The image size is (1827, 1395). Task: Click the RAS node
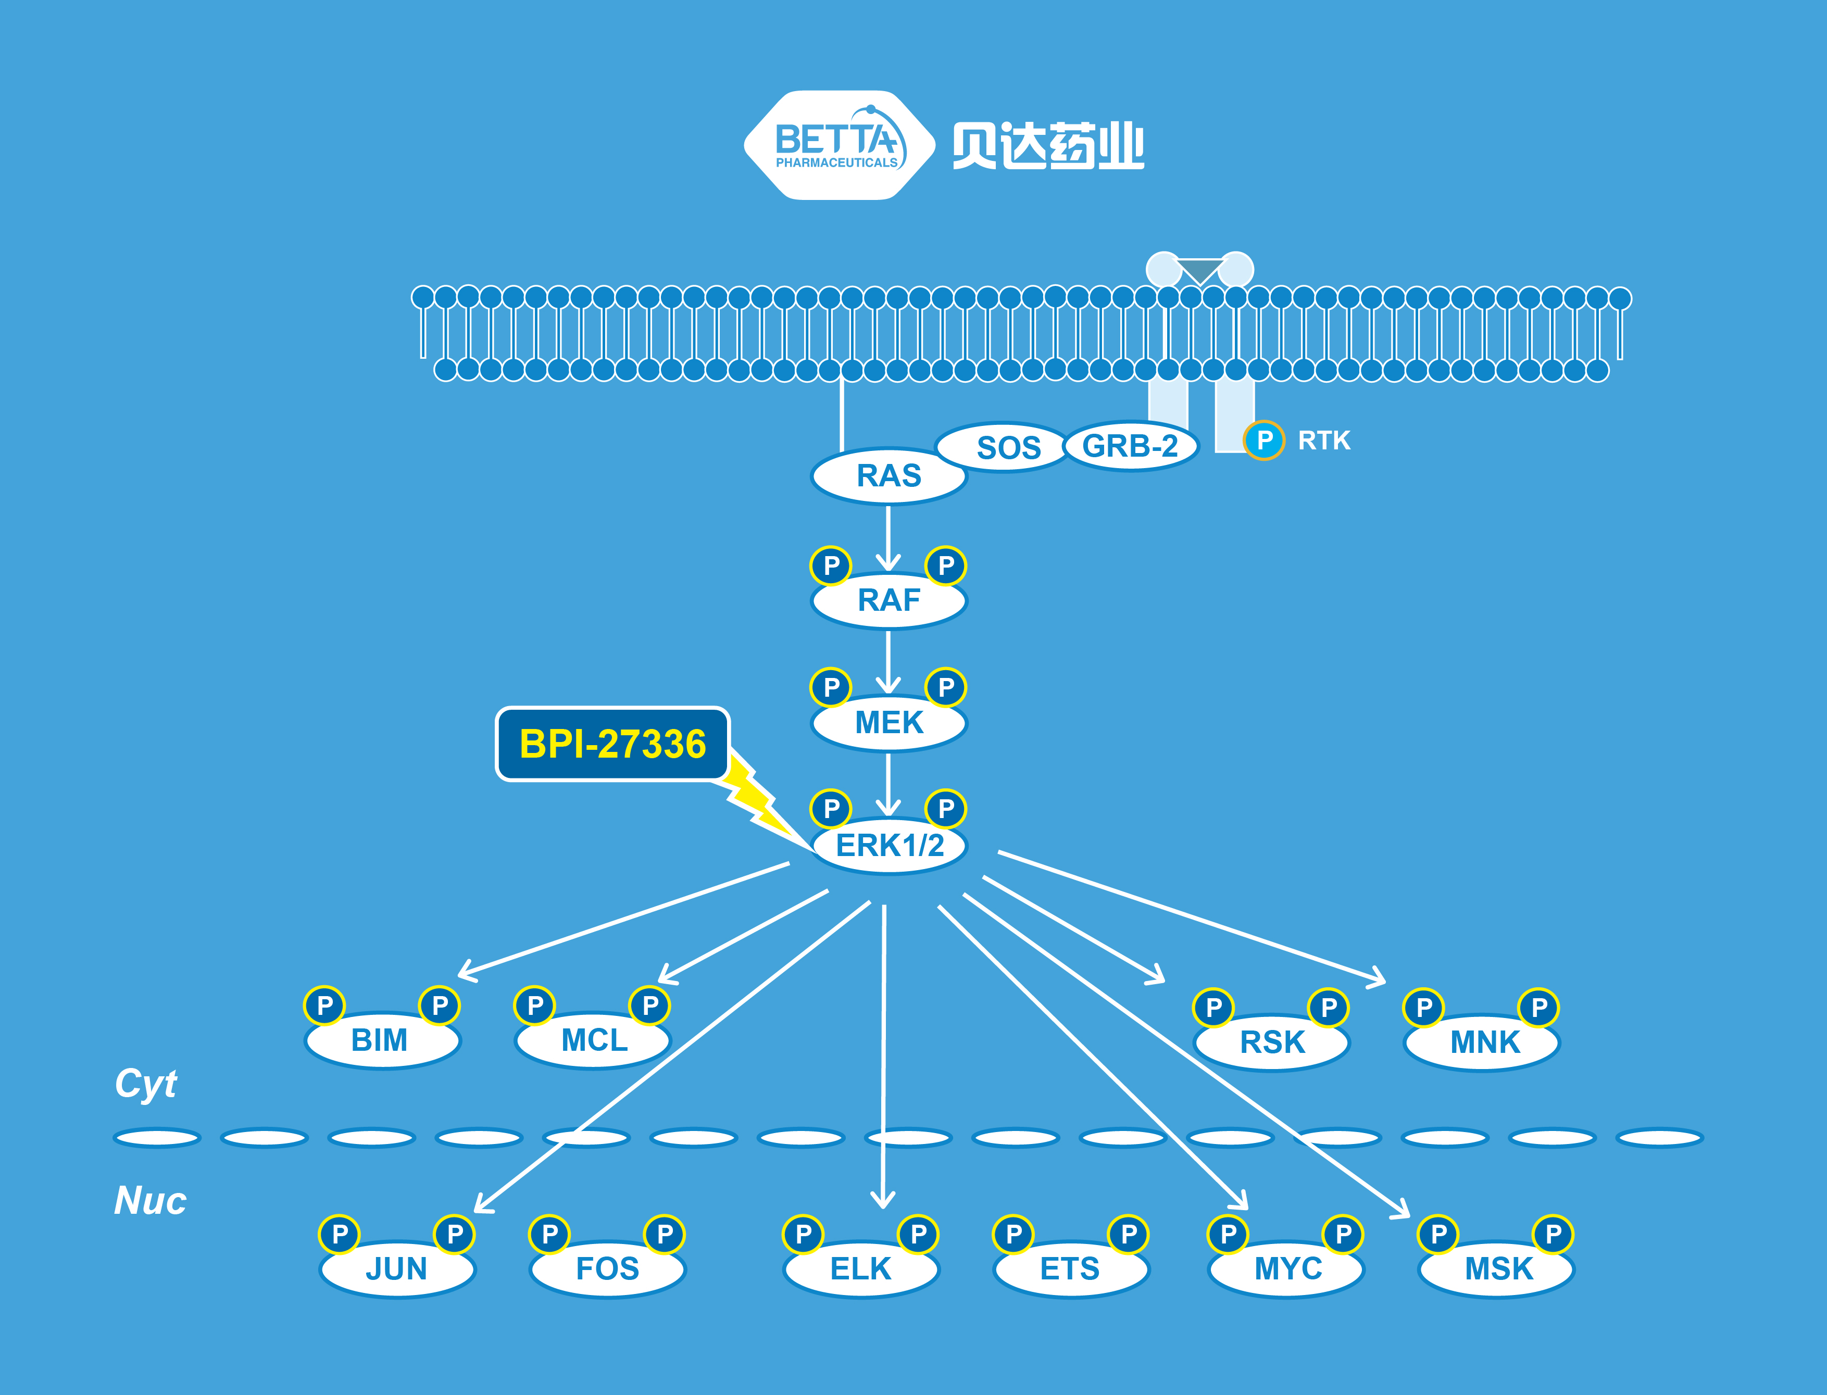[x=889, y=476]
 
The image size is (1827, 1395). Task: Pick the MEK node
[x=889, y=722]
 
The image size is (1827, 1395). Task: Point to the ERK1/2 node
[x=889, y=845]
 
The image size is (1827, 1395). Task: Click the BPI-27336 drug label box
[x=612, y=744]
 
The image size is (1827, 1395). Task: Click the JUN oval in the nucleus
[x=396, y=1269]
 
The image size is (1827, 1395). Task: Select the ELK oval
[x=860, y=1269]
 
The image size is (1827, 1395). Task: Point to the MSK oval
[x=1497, y=1269]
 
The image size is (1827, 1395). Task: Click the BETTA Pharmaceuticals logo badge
[x=837, y=145]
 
